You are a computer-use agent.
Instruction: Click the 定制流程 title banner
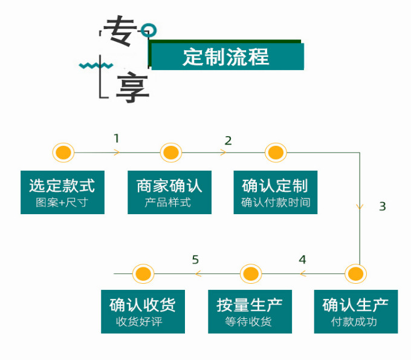click(227, 56)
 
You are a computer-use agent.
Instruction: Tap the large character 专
click(121, 30)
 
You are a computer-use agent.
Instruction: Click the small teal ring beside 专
click(150, 30)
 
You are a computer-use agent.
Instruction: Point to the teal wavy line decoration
click(95, 65)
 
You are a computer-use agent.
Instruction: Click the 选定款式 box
click(62, 192)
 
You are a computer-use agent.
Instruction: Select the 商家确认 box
click(169, 192)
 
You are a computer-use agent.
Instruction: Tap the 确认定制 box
click(276, 192)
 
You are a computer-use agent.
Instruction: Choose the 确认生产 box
click(355, 311)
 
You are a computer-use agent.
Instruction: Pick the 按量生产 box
click(250, 311)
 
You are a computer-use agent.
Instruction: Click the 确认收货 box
click(143, 311)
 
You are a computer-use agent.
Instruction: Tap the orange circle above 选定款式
click(63, 152)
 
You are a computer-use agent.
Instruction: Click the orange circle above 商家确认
click(170, 152)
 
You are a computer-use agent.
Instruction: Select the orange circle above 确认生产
click(355, 273)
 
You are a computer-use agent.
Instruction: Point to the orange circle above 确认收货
click(143, 273)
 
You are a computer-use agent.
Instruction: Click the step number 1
click(117, 139)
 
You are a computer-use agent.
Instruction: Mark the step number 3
click(382, 206)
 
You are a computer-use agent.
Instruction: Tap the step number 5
click(195, 260)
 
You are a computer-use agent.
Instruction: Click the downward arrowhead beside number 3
click(360, 207)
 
